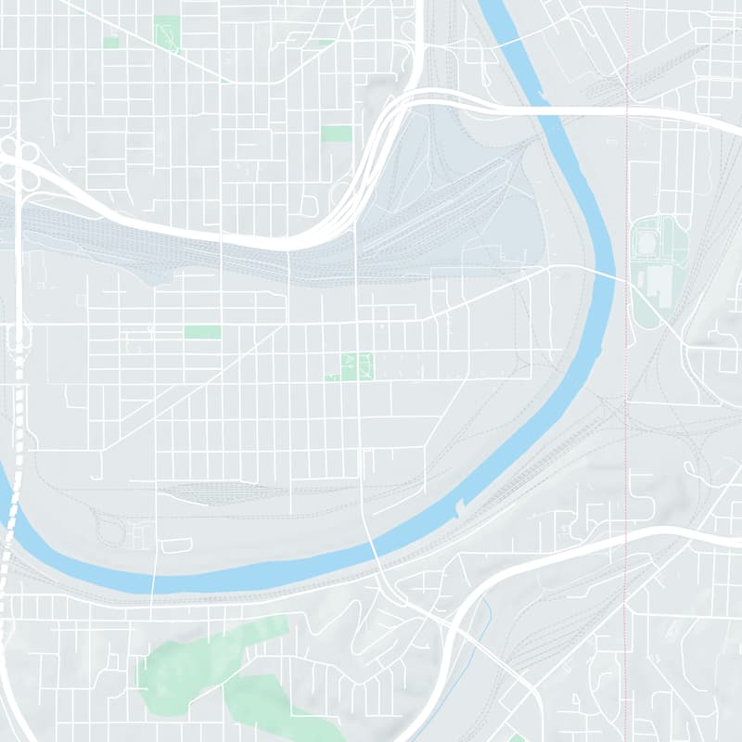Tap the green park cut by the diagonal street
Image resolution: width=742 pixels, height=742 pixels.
pos(166,32)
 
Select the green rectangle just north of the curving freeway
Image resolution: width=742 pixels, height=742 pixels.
pos(337,133)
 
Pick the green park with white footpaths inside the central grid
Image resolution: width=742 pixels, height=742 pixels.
pos(352,366)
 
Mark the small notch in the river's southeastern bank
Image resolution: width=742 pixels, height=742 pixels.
pos(458,508)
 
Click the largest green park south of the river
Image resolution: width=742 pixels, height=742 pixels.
pos(199,659)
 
